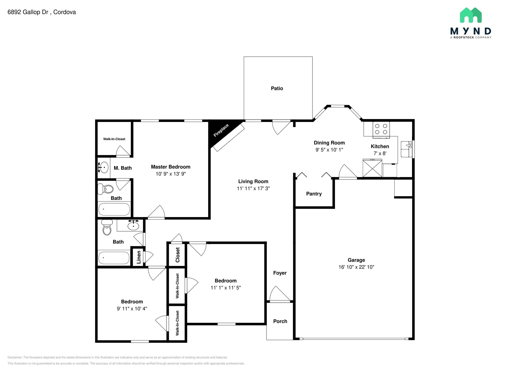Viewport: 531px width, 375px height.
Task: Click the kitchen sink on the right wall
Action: (406, 149)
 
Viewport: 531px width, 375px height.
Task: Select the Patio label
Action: (277, 88)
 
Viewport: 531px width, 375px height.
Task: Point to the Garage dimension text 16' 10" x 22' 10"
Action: (356, 267)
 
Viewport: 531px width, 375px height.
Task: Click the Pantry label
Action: (314, 194)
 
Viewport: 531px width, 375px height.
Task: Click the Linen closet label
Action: (139, 257)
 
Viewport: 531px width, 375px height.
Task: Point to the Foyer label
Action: (280, 273)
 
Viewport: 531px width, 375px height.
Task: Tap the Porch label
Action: (280, 321)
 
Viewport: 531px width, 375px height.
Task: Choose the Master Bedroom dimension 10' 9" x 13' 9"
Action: (171, 174)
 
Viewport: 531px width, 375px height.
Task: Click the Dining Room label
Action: (329, 143)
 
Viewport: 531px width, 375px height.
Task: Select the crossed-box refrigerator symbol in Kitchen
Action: (372, 168)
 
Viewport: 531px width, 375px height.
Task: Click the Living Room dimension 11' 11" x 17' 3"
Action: (253, 189)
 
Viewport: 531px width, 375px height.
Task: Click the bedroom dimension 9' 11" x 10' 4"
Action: (132, 309)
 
